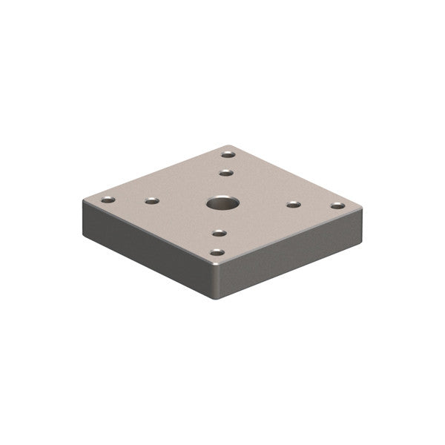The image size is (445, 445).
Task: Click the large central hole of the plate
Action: [220, 202]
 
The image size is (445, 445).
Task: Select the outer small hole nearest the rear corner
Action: [228, 154]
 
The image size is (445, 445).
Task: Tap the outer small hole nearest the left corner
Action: [108, 200]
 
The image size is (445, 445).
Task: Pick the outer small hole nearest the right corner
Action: [337, 205]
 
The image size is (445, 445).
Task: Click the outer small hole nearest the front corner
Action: [217, 253]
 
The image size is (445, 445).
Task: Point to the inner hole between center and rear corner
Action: [226, 173]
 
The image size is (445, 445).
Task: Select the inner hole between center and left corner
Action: [152, 200]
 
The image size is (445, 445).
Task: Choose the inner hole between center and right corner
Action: [294, 203]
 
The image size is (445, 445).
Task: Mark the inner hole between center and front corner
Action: [219, 233]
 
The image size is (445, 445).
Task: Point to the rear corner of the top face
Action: [231, 145]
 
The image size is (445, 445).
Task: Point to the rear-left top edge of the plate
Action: [156, 172]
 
